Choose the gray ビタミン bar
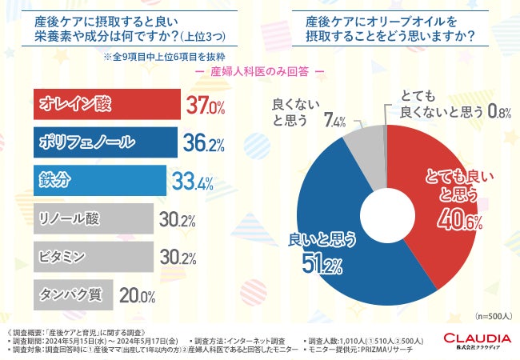91,256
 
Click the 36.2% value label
203,144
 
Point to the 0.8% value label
498,114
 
